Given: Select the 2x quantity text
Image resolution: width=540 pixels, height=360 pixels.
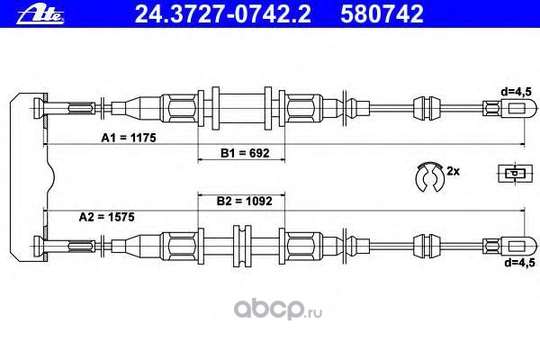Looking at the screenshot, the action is (454, 170).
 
